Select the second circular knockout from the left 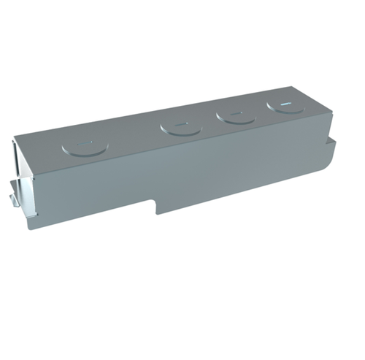(180, 128)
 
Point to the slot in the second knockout (180, 125)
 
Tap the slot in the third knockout (234, 113)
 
